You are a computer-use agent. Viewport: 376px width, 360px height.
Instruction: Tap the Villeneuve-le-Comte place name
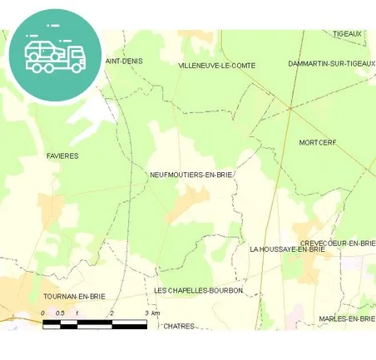(217, 65)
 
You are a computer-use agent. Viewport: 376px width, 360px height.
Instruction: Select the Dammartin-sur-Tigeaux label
(331, 63)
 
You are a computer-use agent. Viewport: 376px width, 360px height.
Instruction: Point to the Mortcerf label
(318, 143)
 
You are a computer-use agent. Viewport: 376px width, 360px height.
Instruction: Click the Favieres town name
(62, 155)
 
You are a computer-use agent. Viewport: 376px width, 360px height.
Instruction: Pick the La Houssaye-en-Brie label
(287, 249)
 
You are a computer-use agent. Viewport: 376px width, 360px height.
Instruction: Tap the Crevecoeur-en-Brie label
(337, 242)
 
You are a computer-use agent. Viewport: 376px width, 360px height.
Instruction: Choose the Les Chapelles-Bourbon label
(199, 290)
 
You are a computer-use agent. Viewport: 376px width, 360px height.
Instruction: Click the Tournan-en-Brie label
(74, 296)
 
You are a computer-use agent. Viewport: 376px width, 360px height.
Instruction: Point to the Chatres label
(179, 326)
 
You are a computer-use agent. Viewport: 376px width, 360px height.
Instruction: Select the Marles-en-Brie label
(347, 318)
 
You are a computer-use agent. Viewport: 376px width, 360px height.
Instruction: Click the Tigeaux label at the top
(348, 34)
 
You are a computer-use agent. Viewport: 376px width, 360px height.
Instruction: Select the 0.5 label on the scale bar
(59, 313)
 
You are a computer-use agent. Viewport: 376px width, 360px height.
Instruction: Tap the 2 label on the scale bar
(111, 313)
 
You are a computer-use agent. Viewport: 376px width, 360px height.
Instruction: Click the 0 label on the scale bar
(42, 313)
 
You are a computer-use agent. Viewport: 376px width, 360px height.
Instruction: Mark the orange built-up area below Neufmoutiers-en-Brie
(190, 201)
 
